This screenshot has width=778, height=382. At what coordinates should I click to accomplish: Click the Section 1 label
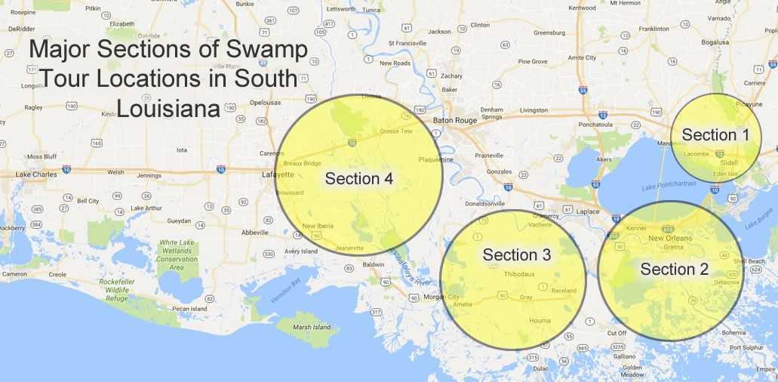715,134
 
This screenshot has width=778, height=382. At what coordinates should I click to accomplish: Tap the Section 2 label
674,270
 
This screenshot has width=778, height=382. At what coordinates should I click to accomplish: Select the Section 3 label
517,255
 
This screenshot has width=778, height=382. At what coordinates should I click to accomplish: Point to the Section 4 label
359,179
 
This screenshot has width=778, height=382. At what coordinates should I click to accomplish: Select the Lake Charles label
37,174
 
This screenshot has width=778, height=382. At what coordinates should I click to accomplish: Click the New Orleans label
670,239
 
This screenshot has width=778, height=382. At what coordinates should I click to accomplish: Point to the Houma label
540,321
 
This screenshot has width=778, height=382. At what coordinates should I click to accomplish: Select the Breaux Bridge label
302,163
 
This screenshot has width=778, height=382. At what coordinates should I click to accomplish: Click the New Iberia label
318,226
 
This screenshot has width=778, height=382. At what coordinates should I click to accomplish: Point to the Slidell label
729,162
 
